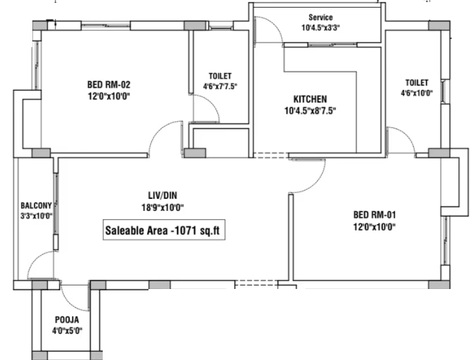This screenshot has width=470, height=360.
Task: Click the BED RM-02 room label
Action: click(x=109, y=85)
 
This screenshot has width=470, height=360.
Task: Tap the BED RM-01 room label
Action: click(x=375, y=214)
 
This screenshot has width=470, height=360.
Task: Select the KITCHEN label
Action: click(x=310, y=99)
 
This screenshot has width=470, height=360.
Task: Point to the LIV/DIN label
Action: click(x=163, y=195)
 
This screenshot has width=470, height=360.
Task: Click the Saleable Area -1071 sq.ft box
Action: click(x=164, y=230)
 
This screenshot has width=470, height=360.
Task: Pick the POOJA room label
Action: click(x=67, y=320)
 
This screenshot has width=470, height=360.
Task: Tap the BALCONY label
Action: click(x=37, y=206)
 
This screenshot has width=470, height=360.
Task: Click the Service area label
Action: click(x=321, y=18)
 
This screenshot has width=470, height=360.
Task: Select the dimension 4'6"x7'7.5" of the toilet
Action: click(x=220, y=86)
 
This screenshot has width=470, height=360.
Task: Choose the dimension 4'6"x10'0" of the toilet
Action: click(x=417, y=93)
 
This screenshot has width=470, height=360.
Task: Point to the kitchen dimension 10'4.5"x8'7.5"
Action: click(x=310, y=111)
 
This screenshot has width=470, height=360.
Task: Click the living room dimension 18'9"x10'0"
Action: click(x=163, y=207)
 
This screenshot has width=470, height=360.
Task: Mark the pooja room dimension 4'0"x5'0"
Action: click(x=67, y=331)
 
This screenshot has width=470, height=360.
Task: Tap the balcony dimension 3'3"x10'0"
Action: click(x=37, y=216)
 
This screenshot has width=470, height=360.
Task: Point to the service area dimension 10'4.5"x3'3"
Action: click(x=321, y=28)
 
